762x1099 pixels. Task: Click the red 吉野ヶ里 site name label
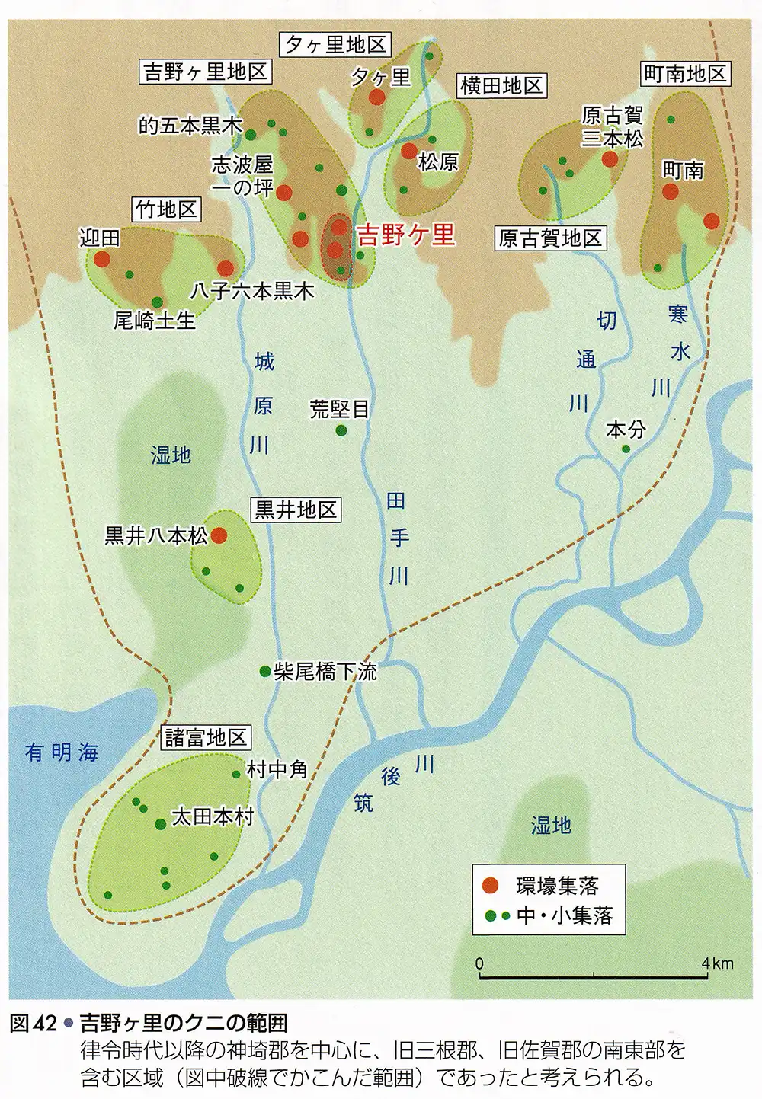pyautogui.click(x=406, y=235)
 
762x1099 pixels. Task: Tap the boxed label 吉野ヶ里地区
pyautogui.click(x=206, y=72)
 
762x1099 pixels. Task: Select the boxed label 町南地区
pyautogui.click(x=684, y=74)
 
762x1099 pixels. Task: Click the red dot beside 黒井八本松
pyautogui.click(x=219, y=535)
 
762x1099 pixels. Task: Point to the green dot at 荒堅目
pyautogui.click(x=341, y=430)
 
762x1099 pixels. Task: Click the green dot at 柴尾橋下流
pyautogui.click(x=264, y=671)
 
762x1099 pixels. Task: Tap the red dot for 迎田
pyautogui.click(x=101, y=258)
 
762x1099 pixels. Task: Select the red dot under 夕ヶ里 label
pyautogui.click(x=376, y=97)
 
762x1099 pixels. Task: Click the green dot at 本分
pyautogui.click(x=626, y=449)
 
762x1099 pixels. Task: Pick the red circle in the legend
pyautogui.click(x=492, y=884)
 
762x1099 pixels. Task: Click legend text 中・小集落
pyautogui.click(x=564, y=915)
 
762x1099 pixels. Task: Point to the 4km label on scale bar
pyautogui.click(x=718, y=963)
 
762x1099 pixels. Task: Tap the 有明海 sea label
pyautogui.click(x=62, y=752)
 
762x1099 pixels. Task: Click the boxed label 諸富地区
pyautogui.click(x=206, y=737)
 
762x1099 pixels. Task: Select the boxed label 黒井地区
pyautogui.click(x=296, y=510)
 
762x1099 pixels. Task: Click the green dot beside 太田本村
pyautogui.click(x=160, y=824)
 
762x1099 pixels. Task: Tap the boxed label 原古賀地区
pyautogui.click(x=550, y=238)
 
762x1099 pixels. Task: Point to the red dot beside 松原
pyautogui.click(x=409, y=151)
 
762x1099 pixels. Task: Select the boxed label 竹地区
pyautogui.click(x=167, y=209)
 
